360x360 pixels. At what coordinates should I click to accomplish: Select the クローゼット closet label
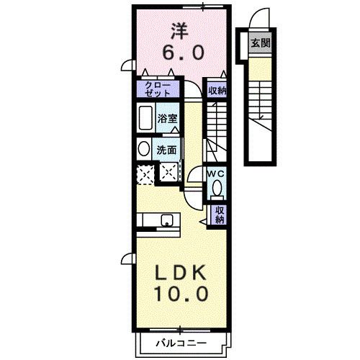pos(156,89)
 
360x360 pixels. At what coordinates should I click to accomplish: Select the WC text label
pos(217,174)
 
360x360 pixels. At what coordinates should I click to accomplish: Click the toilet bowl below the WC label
pos(217,189)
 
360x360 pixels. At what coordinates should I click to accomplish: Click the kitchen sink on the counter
pos(166,220)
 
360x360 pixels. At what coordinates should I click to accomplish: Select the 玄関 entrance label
pos(259,42)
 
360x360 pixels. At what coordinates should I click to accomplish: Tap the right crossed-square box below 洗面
pos(169,173)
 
